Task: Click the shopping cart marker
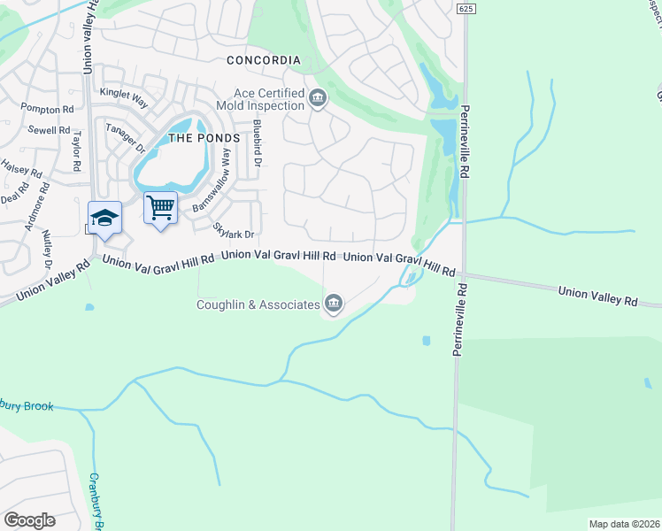[x=160, y=209]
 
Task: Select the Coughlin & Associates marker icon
[x=334, y=304]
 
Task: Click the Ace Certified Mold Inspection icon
[x=316, y=98]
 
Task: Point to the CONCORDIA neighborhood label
[x=263, y=60]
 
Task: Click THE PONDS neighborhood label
[x=204, y=138]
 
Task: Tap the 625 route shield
[x=466, y=8]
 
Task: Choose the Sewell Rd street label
[x=49, y=130]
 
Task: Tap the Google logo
[x=29, y=520]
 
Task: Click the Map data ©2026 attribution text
[x=623, y=524]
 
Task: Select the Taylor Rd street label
[x=77, y=152]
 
